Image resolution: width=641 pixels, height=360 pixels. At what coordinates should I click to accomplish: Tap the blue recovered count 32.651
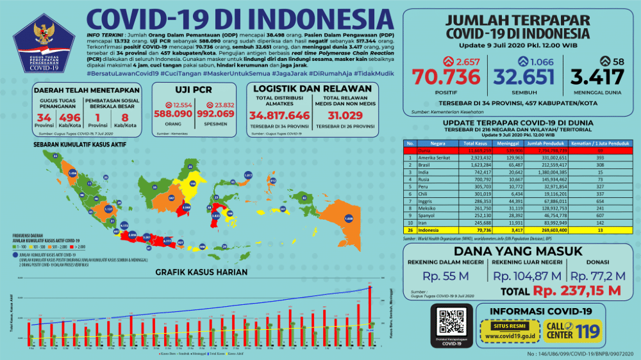[x=523, y=78]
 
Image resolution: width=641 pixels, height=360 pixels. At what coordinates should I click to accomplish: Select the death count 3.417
[x=597, y=78]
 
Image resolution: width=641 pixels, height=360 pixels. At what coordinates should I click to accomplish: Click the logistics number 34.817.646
[x=279, y=116]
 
